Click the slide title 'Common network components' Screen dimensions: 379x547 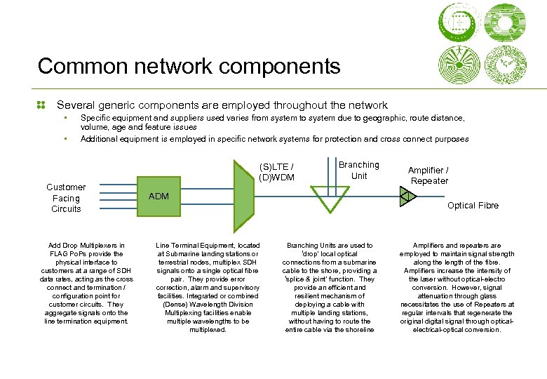click(x=189, y=67)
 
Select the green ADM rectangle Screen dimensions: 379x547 click(x=182, y=197)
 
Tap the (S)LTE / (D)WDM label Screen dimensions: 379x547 click(x=276, y=172)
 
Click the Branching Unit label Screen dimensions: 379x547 click(x=358, y=170)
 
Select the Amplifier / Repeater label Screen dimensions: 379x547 click(x=429, y=175)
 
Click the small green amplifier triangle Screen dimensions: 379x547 click(x=407, y=197)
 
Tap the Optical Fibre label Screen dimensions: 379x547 click(x=473, y=206)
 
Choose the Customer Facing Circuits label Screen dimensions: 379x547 click(x=66, y=198)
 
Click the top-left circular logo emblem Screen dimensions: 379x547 click(x=459, y=20)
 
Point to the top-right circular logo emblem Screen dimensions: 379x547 click(x=505, y=20)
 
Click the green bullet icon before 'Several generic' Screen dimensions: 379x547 click(x=41, y=105)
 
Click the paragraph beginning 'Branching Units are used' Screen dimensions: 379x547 click(x=331, y=288)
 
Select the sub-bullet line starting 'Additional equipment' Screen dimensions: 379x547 click(x=274, y=139)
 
